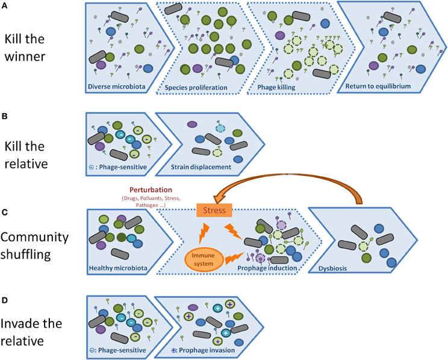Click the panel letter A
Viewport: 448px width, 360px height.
point(7,7)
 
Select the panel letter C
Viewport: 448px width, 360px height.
point(7,211)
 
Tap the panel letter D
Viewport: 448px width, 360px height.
point(7,299)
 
